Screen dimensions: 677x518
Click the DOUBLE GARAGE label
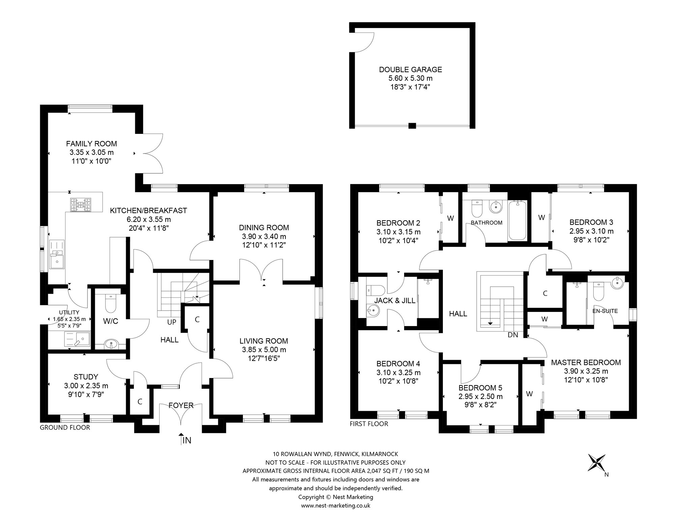(x=411, y=69)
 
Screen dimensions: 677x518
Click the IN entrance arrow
(x=181, y=439)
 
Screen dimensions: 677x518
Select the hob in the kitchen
(x=81, y=204)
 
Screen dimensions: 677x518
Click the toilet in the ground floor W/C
(x=110, y=303)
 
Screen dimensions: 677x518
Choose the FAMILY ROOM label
(x=91, y=144)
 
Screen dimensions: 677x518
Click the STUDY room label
(x=86, y=377)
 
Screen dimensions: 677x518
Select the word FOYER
(x=181, y=405)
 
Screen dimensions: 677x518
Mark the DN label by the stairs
(x=513, y=335)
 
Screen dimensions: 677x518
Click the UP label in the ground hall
(x=172, y=322)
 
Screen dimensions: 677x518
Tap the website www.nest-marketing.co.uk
(x=336, y=506)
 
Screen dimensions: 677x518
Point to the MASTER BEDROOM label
(x=586, y=363)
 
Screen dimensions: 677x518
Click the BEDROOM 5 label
(x=480, y=388)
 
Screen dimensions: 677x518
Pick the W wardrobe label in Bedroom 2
(x=450, y=218)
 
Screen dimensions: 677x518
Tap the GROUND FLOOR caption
(x=65, y=428)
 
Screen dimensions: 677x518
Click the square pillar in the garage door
(x=412, y=126)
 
